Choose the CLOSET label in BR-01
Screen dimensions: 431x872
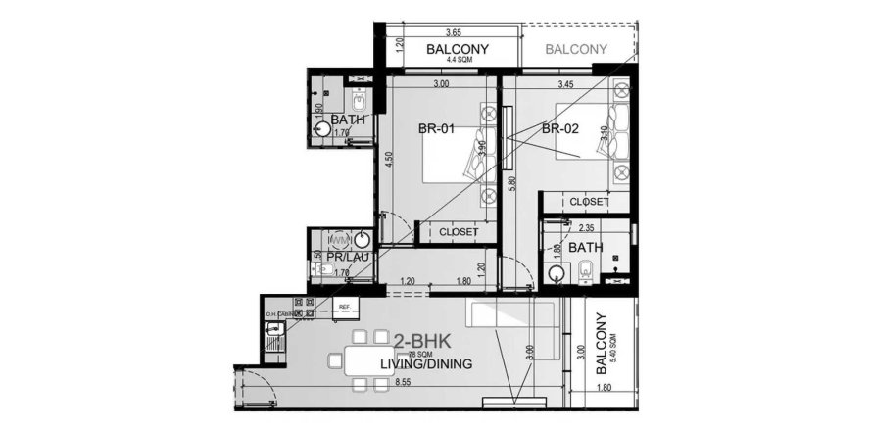[x=459, y=232]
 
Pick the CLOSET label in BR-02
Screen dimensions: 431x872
[x=590, y=202]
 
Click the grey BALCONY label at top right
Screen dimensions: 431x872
[x=575, y=49]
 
